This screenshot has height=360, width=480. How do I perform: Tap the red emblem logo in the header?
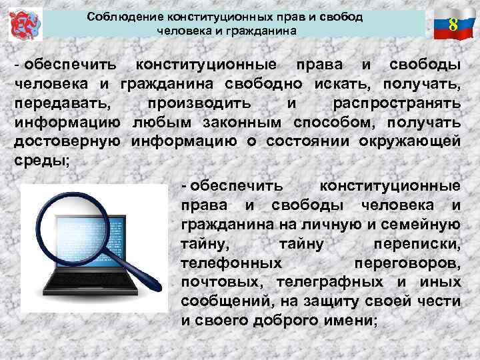25,25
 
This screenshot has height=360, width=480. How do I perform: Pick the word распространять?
396,104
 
